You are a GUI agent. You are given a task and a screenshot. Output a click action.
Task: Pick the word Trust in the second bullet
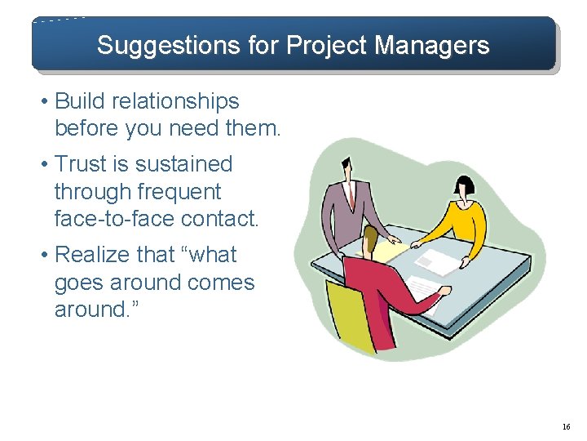tap(82, 164)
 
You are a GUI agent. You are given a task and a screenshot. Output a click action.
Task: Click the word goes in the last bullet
tap(80, 283)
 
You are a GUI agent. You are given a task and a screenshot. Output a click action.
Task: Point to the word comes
tap(220, 283)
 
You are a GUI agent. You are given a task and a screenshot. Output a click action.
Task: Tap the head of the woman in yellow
tap(462, 188)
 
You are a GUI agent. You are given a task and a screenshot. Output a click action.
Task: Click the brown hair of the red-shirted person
tap(371, 238)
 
